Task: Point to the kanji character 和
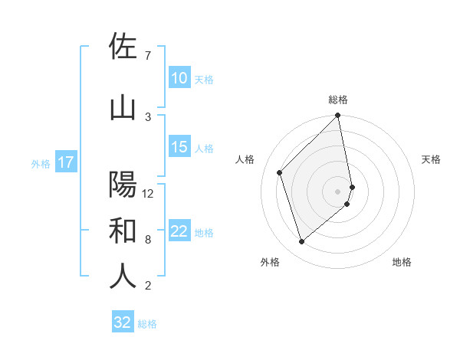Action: point(123,231)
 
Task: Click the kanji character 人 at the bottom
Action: point(123,277)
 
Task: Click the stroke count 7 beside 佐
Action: point(148,56)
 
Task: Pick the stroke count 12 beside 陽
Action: point(149,194)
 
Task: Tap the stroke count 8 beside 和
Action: point(148,240)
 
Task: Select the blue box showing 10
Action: point(179,78)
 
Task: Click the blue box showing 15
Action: point(179,148)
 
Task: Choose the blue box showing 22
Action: point(179,232)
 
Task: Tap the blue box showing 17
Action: point(66,162)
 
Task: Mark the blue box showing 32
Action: point(123,322)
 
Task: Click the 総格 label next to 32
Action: point(147,324)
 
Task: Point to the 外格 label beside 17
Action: point(41,163)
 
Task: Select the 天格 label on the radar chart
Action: point(431,159)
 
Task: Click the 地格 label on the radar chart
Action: point(402,262)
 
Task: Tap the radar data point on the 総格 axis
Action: point(338,116)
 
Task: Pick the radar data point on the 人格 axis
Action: point(280,172)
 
